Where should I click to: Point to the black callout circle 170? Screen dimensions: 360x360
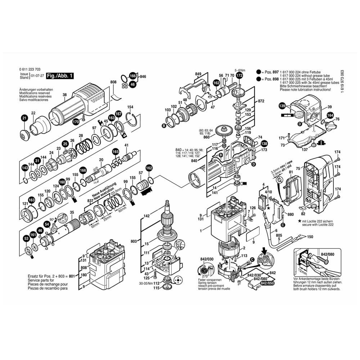pyautogui.click(x=76, y=122)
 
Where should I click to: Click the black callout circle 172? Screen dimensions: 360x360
pyautogui.click(x=239, y=76)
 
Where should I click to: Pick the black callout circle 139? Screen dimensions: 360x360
pyautogui.click(x=282, y=106)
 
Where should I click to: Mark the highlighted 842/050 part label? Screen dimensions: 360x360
pyautogui.click(x=266, y=284)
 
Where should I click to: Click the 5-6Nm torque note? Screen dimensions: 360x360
pyautogui.click(x=240, y=70)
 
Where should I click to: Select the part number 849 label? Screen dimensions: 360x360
pyautogui.click(x=198, y=74)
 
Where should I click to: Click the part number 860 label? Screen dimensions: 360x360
pyautogui.click(x=206, y=138)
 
